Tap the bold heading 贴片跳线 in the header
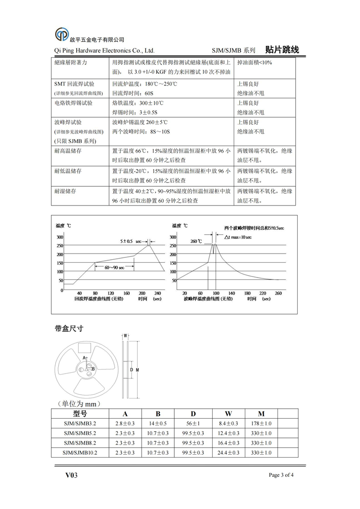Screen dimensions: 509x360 coord(282,49)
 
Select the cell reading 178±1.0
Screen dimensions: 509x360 coord(261,424)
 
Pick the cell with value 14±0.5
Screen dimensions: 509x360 coord(158,424)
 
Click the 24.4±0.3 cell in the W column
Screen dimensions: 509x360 coord(228,453)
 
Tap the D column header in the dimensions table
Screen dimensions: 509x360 coord(193,414)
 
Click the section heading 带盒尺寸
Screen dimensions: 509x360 coord(70,328)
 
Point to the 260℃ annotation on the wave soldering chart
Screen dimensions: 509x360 coord(196,241)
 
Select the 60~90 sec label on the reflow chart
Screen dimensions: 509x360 coord(115,267)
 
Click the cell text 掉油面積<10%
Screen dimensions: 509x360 coord(254,62)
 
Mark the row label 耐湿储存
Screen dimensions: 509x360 coord(68,191)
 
